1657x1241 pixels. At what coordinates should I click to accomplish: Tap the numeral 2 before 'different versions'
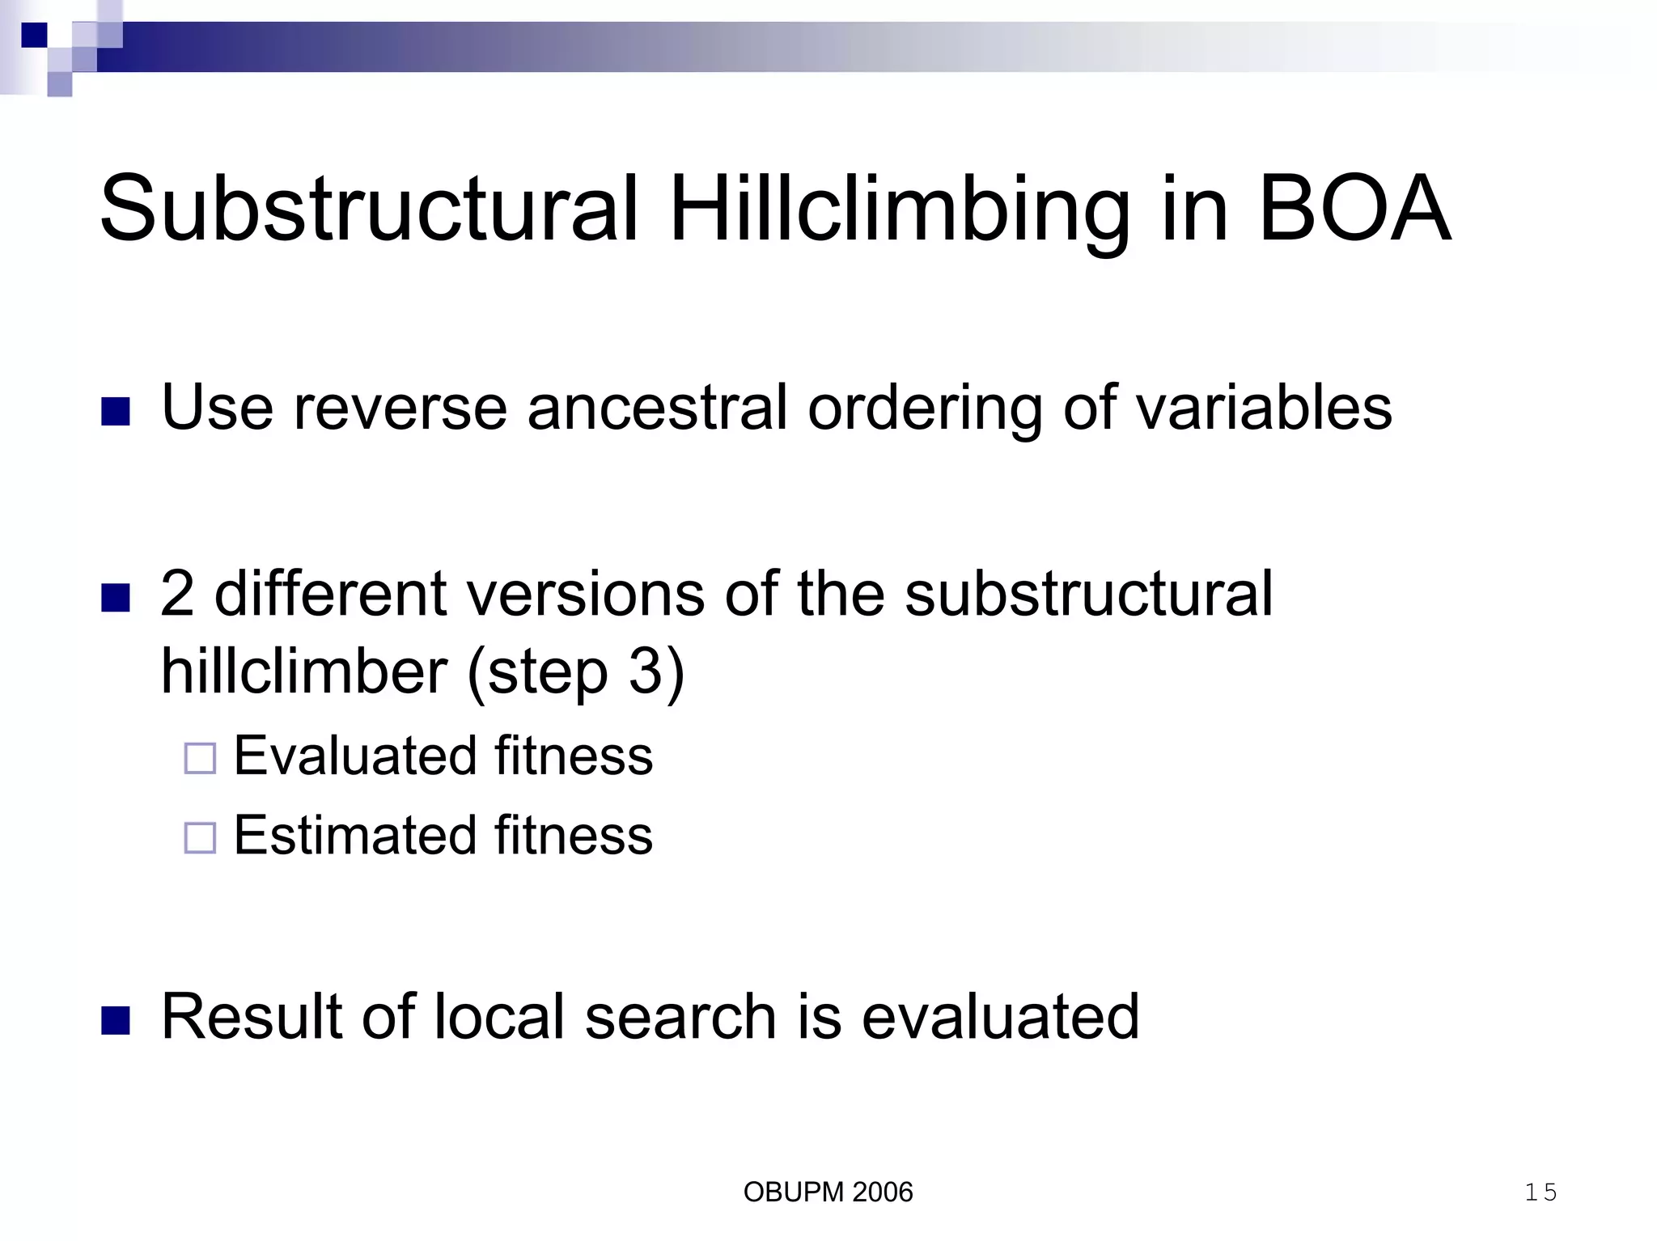177,595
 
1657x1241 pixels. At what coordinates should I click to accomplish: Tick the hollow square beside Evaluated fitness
200,759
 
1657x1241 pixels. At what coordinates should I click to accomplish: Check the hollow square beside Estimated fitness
200,838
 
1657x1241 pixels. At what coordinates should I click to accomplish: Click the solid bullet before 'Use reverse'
116,411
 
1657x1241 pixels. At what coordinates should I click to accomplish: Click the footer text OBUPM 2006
828,1192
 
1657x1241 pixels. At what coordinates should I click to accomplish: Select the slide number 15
1540,1192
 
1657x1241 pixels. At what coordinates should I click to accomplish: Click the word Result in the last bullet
252,1017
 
